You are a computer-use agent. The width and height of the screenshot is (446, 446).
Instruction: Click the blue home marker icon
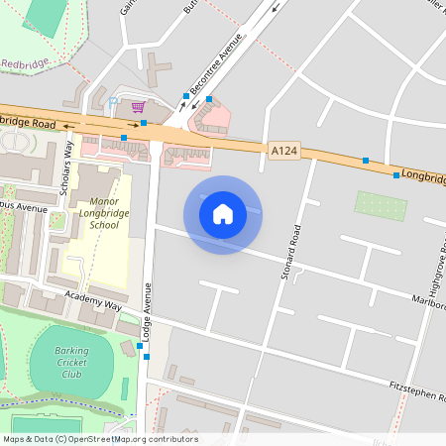click(x=223, y=213)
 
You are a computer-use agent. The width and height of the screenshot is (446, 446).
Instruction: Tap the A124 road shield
click(x=282, y=150)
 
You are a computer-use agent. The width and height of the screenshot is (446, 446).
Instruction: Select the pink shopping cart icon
click(x=138, y=106)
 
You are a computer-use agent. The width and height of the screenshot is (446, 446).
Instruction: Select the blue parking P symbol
click(x=113, y=102)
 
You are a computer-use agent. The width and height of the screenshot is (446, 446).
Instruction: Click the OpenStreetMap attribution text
click(x=100, y=439)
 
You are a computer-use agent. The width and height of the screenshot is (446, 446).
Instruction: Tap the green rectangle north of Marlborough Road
click(x=381, y=206)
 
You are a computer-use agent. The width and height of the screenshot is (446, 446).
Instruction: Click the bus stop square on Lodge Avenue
click(x=147, y=357)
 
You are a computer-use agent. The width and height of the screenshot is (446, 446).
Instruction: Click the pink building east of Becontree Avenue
click(x=210, y=119)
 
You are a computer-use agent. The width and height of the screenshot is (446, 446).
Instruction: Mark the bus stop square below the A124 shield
click(x=366, y=160)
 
